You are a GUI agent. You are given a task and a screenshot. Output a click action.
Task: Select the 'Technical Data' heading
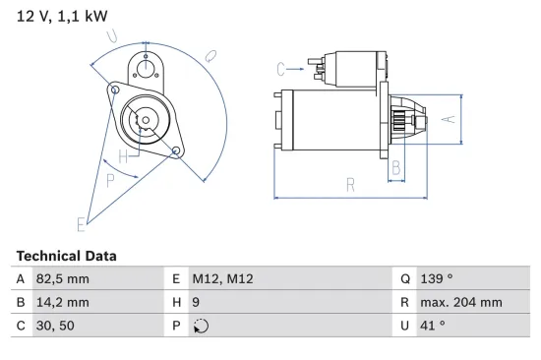pos(66,256)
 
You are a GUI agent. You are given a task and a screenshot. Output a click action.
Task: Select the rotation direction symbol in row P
pos(202,328)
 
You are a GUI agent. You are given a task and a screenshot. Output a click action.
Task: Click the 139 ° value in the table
pos(439,279)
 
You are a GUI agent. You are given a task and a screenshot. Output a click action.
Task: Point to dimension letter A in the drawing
pos(446,120)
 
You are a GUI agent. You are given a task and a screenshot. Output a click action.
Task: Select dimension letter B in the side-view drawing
pos(396,168)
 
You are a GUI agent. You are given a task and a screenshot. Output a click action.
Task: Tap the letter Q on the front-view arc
pos(210,56)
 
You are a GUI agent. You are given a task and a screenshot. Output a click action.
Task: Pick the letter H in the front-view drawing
pos(124,157)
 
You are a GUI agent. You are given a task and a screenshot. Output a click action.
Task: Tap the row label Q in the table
pos(404,279)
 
